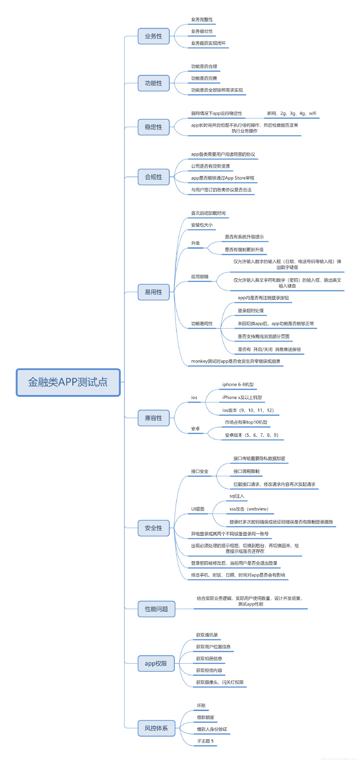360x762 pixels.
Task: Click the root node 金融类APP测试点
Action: [68, 382]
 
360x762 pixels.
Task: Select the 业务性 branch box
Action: [154, 36]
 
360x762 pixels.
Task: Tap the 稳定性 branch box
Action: [154, 127]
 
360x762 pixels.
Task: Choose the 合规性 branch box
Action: [154, 177]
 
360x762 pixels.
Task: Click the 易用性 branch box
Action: [154, 292]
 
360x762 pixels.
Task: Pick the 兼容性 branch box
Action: [154, 418]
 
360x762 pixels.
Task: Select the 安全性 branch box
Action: [154, 528]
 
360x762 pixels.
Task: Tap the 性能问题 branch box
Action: [156, 609]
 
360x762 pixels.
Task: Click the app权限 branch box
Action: [156, 663]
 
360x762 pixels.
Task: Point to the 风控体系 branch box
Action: [156, 728]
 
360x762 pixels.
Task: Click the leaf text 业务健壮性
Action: [202, 31]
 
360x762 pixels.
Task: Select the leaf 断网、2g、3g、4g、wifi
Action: [292, 113]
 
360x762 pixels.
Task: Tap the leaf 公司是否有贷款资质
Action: [210, 166]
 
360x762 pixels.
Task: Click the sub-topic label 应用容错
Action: [200, 277]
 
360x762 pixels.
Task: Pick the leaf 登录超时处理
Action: [251, 311]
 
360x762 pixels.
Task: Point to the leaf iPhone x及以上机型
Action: [242, 397]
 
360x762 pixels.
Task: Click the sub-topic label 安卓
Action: [195, 429]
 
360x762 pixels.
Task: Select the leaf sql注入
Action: [237, 496]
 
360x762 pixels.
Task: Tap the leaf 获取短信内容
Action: [209, 670]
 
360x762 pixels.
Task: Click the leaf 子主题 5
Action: [205, 741]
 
